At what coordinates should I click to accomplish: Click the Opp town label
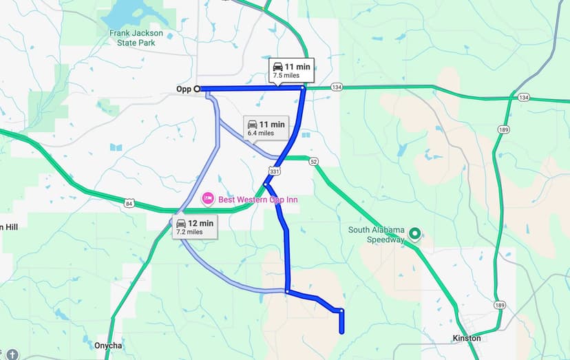coord(183,89)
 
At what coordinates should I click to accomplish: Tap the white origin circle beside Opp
coord(197,89)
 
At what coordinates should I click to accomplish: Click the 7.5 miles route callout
coord(291,71)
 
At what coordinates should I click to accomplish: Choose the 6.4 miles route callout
coord(265,128)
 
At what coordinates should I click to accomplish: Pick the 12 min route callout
coord(196,227)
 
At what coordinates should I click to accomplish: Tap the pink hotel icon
coord(207,199)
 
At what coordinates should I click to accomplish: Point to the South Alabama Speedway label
coord(376,235)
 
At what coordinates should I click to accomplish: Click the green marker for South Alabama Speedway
coord(414,234)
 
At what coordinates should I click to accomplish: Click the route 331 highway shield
coord(275,171)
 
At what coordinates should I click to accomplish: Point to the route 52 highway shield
coord(314,161)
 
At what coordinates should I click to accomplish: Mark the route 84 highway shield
coord(129,203)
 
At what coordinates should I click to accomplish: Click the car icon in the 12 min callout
coord(181,223)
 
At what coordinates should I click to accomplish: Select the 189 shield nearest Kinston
coord(498,305)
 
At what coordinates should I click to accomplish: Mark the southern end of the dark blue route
coord(341,332)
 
